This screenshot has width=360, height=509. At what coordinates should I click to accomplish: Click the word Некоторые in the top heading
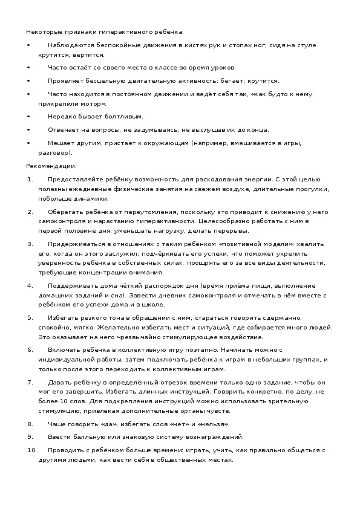click(41, 31)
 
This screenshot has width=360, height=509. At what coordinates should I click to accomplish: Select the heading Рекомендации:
click(51, 166)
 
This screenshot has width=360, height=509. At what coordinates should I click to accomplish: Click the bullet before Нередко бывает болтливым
click(28, 116)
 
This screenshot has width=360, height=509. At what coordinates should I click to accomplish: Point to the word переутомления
click(152, 212)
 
